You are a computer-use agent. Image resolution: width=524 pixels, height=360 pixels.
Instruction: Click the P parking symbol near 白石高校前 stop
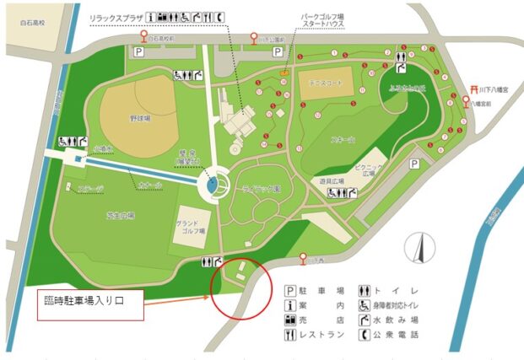coord(137,52)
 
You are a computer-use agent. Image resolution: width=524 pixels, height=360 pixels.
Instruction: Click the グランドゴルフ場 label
coord(192,227)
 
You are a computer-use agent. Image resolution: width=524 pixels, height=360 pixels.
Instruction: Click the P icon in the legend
coord(290,288)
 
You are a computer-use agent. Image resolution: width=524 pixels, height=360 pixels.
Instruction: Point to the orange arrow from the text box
coord(177,297)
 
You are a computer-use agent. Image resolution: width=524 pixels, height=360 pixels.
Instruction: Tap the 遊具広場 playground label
coord(341,180)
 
